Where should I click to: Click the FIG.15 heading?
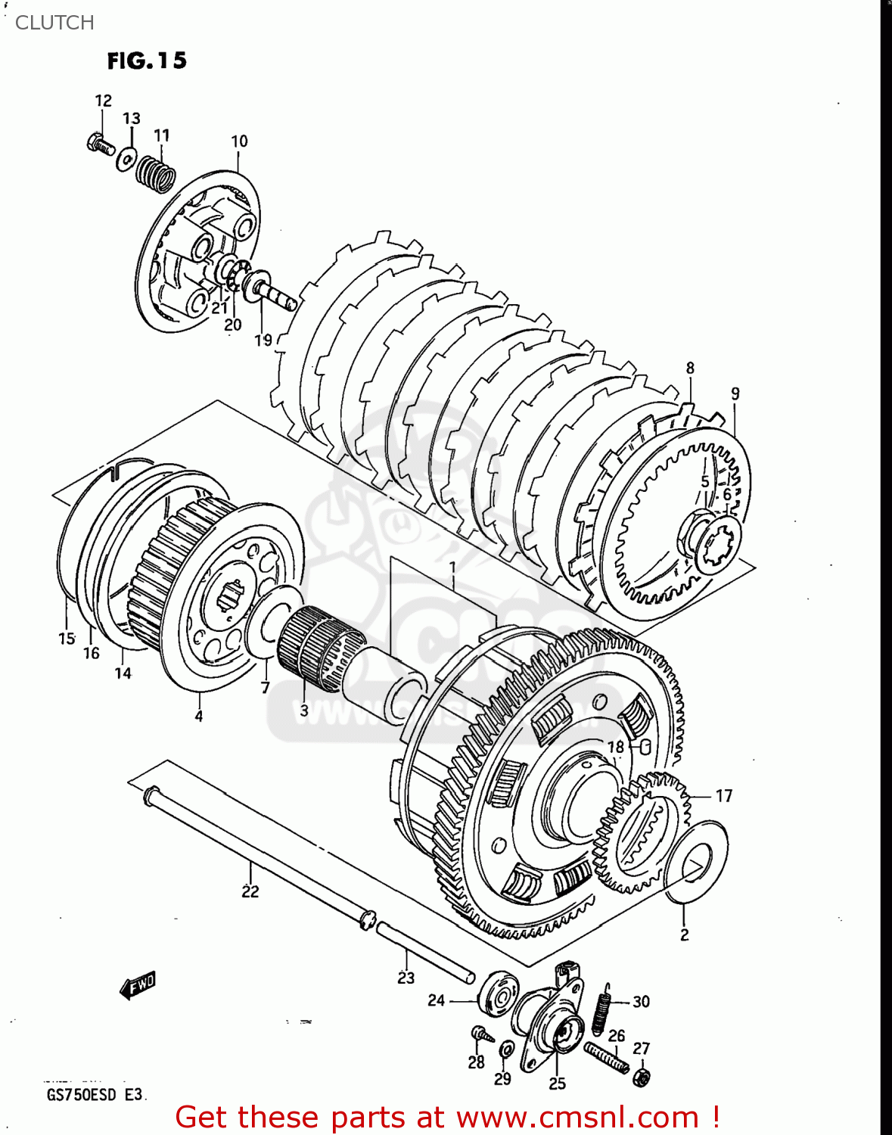pos(147,61)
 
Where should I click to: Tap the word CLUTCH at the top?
pos(54,23)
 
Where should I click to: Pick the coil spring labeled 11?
pos(155,173)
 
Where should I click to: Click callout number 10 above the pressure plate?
pos(239,141)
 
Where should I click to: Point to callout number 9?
pos(735,393)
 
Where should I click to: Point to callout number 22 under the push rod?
pos(250,891)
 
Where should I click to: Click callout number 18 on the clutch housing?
pos(616,747)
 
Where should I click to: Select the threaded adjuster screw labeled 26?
pos(606,1056)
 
